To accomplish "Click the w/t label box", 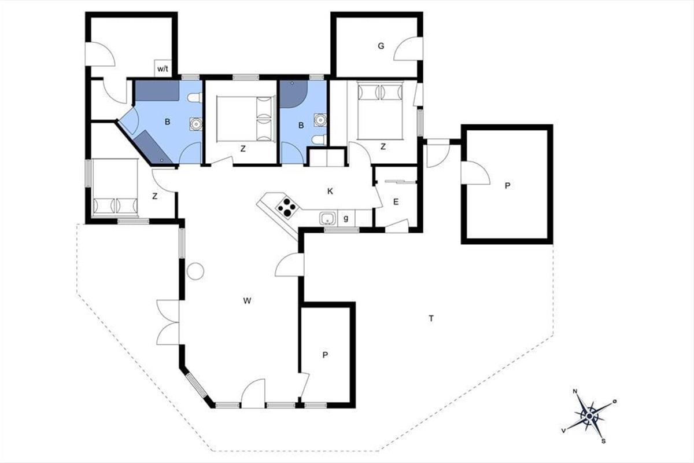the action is pyautogui.click(x=163, y=68).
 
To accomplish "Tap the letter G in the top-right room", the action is pyautogui.click(x=381, y=46).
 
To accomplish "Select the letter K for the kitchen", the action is pyautogui.click(x=330, y=192).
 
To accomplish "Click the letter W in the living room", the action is pyautogui.click(x=247, y=300).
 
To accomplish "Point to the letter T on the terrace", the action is pyautogui.click(x=431, y=318).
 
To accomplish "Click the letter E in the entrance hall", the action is pyautogui.click(x=396, y=202).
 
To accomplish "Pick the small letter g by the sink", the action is pyautogui.click(x=346, y=218).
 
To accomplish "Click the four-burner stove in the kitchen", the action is pyautogui.click(x=287, y=207).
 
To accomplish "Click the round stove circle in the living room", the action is pyautogui.click(x=195, y=271).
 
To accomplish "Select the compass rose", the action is pyautogui.click(x=589, y=416).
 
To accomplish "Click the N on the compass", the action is pyautogui.click(x=575, y=391).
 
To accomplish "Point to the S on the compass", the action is pyautogui.click(x=603, y=441).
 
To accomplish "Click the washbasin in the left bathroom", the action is pyautogui.click(x=196, y=124).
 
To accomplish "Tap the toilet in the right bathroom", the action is pyautogui.click(x=319, y=140).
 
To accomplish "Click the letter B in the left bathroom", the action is pyautogui.click(x=167, y=122).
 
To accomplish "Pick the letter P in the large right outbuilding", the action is pyautogui.click(x=507, y=186).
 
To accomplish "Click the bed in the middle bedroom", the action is pyautogui.click(x=246, y=119).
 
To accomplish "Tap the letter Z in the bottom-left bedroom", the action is pyautogui.click(x=155, y=196).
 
